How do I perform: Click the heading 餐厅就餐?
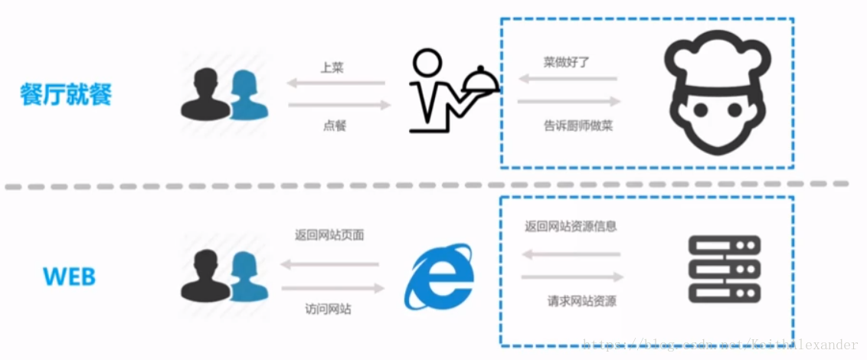point(67,94)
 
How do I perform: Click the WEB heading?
point(70,276)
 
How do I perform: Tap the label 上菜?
point(332,67)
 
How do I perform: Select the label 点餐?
point(335,125)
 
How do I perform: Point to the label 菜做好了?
point(568,64)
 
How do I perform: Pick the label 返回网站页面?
point(329,235)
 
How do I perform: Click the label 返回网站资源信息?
point(571,226)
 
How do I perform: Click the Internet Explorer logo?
point(439,277)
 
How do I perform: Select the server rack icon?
point(724,268)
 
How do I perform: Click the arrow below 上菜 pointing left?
point(335,83)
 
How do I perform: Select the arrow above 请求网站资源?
point(572,277)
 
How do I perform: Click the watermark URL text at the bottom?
point(720,345)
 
